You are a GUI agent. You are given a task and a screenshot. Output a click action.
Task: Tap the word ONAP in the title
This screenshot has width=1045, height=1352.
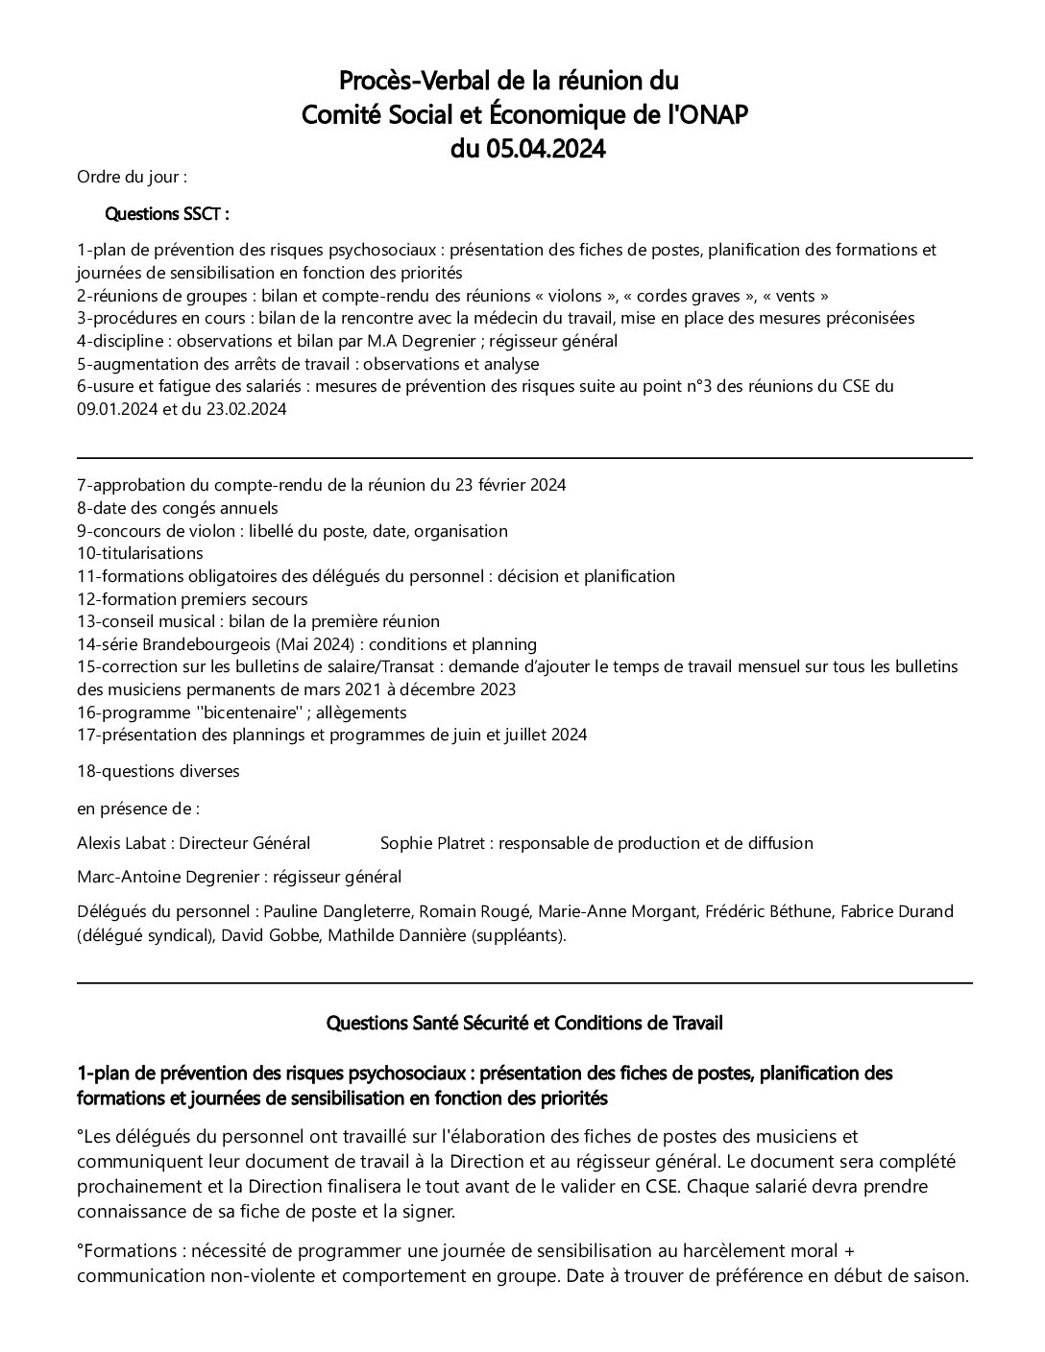pyautogui.click(x=711, y=115)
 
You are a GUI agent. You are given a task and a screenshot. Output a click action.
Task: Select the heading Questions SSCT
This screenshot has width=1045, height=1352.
pyautogui.click(x=166, y=213)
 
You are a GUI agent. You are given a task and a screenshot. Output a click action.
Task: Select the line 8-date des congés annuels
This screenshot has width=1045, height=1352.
pyautogui.click(x=178, y=508)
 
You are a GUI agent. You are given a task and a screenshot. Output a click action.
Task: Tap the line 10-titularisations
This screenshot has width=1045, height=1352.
pyautogui.click(x=140, y=553)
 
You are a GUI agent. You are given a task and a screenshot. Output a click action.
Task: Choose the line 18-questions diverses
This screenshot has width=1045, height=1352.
pyautogui.click(x=158, y=771)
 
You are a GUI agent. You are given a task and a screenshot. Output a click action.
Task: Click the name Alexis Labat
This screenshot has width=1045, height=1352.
pyautogui.click(x=123, y=843)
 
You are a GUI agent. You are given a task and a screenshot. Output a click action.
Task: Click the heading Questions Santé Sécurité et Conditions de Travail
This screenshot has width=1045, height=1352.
pyautogui.click(x=524, y=1024)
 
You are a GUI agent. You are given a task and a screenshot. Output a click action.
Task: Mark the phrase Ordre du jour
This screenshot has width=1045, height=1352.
pyautogui.click(x=131, y=177)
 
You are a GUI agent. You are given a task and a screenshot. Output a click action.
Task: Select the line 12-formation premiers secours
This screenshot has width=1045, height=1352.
pyautogui.click(x=192, y=599)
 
